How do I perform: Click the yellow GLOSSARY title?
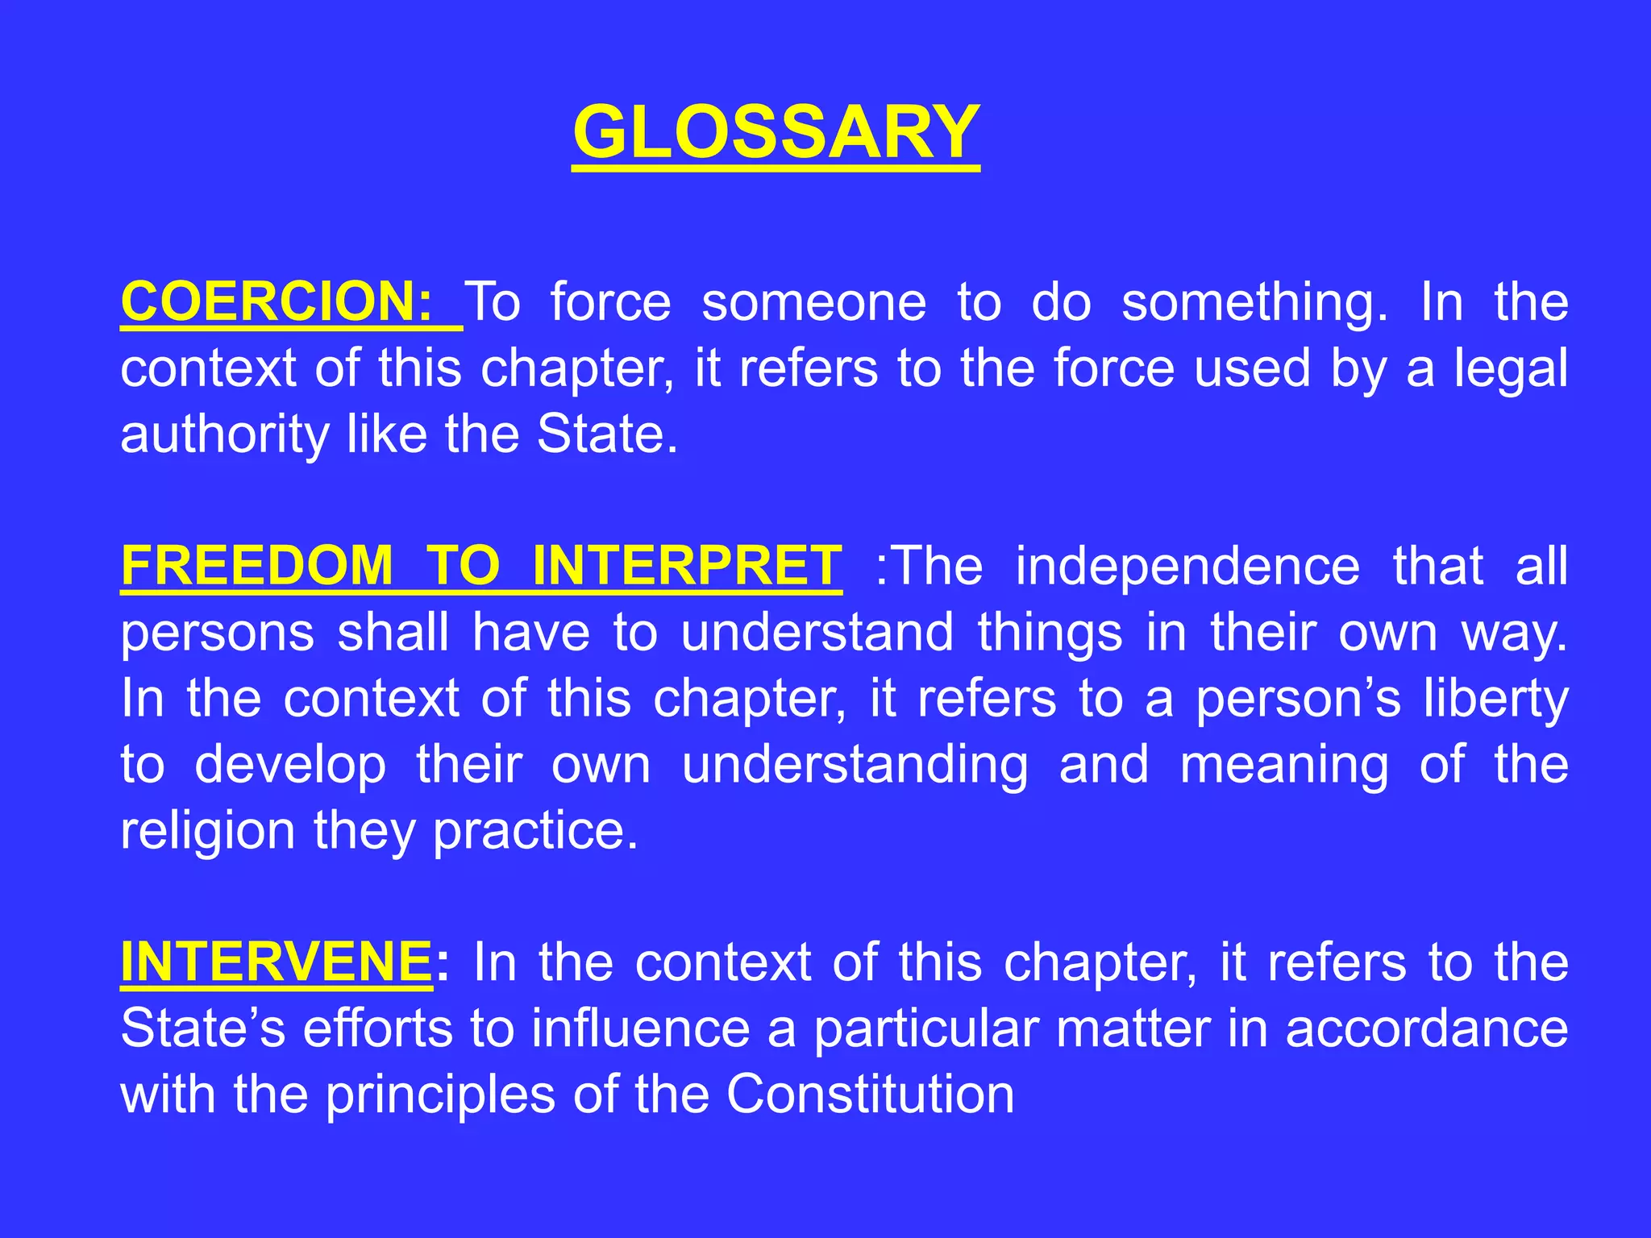point(776,132)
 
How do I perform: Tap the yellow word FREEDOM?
point(257,566)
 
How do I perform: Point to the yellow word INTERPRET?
point(688,566)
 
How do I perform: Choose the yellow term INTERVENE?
point(276,962)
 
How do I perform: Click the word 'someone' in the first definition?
point(814,302)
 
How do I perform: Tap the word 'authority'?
point(225,435)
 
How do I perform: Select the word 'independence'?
point(1187,566)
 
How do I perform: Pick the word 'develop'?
point(290,765)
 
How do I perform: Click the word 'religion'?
point(208,831)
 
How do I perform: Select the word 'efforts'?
point(377,1028)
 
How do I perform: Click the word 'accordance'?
point(1427,1028)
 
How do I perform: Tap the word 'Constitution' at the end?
point(870,1095)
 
